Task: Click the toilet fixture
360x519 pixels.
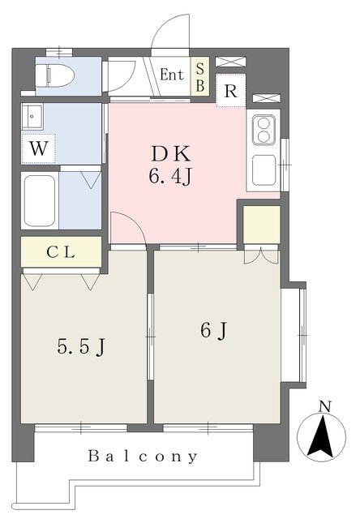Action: (x=55, y=75)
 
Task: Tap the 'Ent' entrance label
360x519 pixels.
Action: (x=172, y=75)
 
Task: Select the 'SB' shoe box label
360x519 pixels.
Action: (x=199, y=77)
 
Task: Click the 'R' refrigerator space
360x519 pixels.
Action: (x=230, y=91)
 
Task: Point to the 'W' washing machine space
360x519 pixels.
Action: (x=38, y=148)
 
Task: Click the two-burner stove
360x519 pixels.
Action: (x=264, y=130)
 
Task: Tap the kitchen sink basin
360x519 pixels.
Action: (x=264, y=171)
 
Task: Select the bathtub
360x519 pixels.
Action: (x=40, y=201)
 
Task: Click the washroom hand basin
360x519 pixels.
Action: (x=32, y=116)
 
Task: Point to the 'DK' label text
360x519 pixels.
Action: (x=171, y=153)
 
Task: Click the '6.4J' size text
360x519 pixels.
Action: (x=170, y=177)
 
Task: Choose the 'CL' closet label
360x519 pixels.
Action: (x=61, y=252)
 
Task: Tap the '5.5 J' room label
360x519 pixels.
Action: (x=81, y=347)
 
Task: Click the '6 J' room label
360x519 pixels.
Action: (x=213, y=330)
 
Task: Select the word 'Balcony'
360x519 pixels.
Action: (x=143, y=457)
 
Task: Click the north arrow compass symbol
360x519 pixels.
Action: (x=321, y=436)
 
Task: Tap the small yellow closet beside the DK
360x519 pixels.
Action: (x=262, y=225)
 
